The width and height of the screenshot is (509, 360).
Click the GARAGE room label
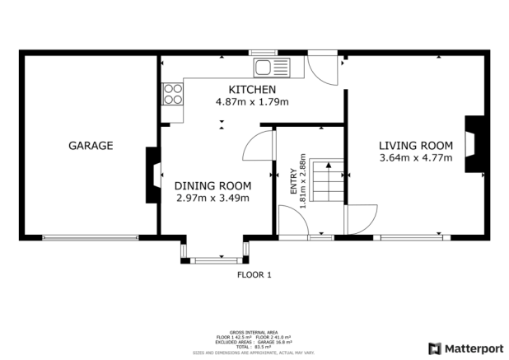pyautogui.click(x=90, y=146)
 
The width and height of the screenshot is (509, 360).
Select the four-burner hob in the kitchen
pyautogui.click(x=173, y=93)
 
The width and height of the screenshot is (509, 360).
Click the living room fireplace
pyautogui.click(x=474, y=145)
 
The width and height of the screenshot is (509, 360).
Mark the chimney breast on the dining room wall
pyautogui.click(x=152, y=175)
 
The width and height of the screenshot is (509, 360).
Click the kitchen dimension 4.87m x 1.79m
pyautogui.click(x=252, y=101)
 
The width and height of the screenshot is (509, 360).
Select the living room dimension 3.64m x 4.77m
pyautogui.click(x=416, y=158)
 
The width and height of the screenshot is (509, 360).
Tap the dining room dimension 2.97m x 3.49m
pyautogui.click(x=212, y=198)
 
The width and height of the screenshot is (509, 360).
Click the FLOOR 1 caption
pyautogui.click(x=254, y=274)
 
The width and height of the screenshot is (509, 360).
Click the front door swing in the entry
pyautogui.click(x=293, y=222)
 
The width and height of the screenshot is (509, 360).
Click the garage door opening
pyautogui.click(x=91, y=238)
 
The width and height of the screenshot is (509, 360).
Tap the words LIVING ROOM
pyautogui.click(x=416, y=146)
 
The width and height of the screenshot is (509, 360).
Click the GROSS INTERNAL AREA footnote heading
pyautogui.click(x=254, y=330)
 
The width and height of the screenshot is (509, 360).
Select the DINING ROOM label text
pyautogui.click(x=212, y=185)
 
